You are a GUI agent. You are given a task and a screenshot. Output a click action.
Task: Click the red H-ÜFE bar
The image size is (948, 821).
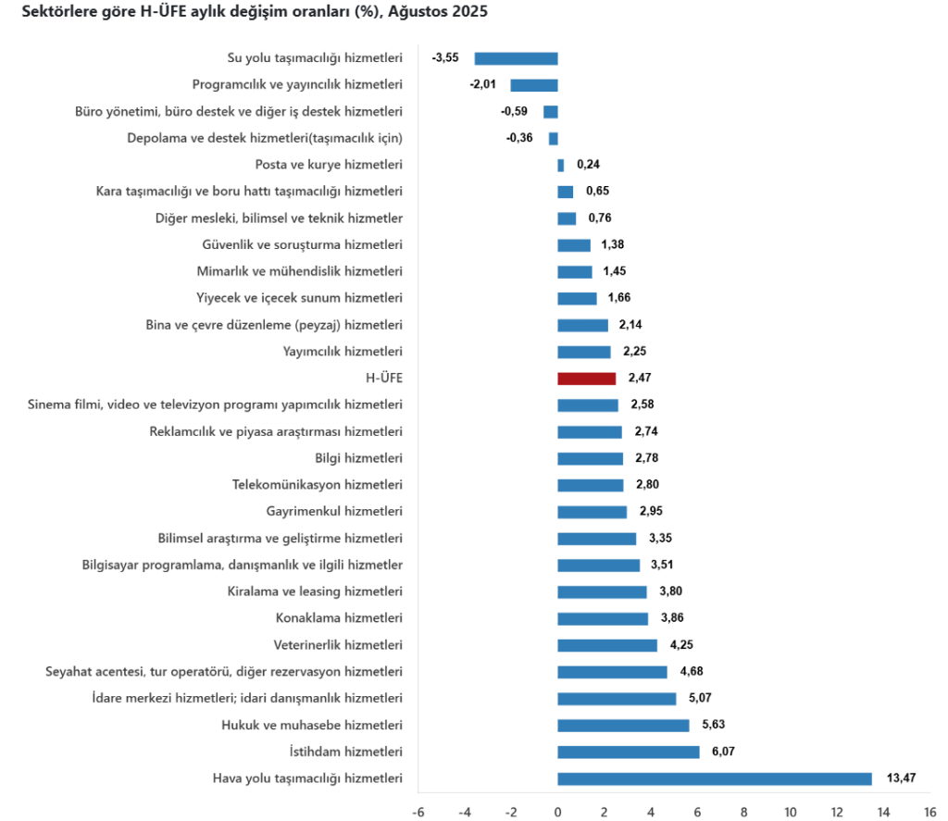[x=586, y=379]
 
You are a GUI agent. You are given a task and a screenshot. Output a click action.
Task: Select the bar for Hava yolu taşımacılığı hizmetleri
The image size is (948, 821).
[x=714, y=778]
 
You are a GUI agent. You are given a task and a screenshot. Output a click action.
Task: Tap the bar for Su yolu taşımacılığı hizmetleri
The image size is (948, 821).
[x=516, y=58]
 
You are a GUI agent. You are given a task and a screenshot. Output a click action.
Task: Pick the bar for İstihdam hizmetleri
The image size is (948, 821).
[x=628, y=752]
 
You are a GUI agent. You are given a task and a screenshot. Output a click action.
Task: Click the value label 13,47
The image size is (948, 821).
[x=901, y=778]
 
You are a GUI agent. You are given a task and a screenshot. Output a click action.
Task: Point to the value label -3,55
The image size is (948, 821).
[x=445, y=58]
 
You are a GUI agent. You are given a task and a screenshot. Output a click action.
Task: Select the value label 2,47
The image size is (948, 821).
[x=641, y=379]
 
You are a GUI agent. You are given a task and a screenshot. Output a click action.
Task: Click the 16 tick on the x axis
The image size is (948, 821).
[x=929, y=812]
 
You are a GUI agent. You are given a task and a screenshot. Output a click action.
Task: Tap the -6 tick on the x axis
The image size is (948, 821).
[x=418, y=812]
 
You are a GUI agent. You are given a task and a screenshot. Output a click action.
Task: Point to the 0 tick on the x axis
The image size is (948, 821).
[x=557, y=812]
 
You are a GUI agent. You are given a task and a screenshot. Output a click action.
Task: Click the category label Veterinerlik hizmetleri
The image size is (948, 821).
[x=338, y=645]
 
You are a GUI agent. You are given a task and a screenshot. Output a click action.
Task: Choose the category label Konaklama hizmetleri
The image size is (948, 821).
[x=339, y=618]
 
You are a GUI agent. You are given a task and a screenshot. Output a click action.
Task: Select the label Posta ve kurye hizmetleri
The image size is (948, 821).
[x=329, y=165]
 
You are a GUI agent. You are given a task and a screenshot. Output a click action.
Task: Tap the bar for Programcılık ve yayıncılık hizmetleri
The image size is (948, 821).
[x=534, y=85]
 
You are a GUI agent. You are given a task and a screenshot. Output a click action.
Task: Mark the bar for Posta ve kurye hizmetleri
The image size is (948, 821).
[x=560, y=165]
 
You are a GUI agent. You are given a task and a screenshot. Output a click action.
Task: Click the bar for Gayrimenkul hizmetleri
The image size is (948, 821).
[x=592, y=512]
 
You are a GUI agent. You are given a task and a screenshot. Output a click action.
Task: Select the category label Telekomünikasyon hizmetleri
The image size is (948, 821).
[x=318, y=485]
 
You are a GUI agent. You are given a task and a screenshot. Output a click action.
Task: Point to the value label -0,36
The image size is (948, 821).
[x=519, y=138]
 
